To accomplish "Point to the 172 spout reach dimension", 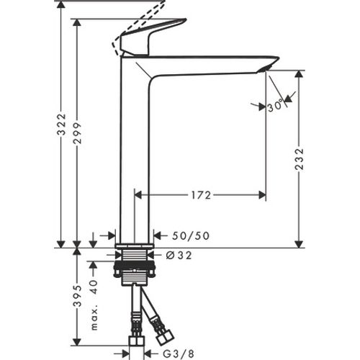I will point(202,194).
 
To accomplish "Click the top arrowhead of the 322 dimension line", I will point(63,4).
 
